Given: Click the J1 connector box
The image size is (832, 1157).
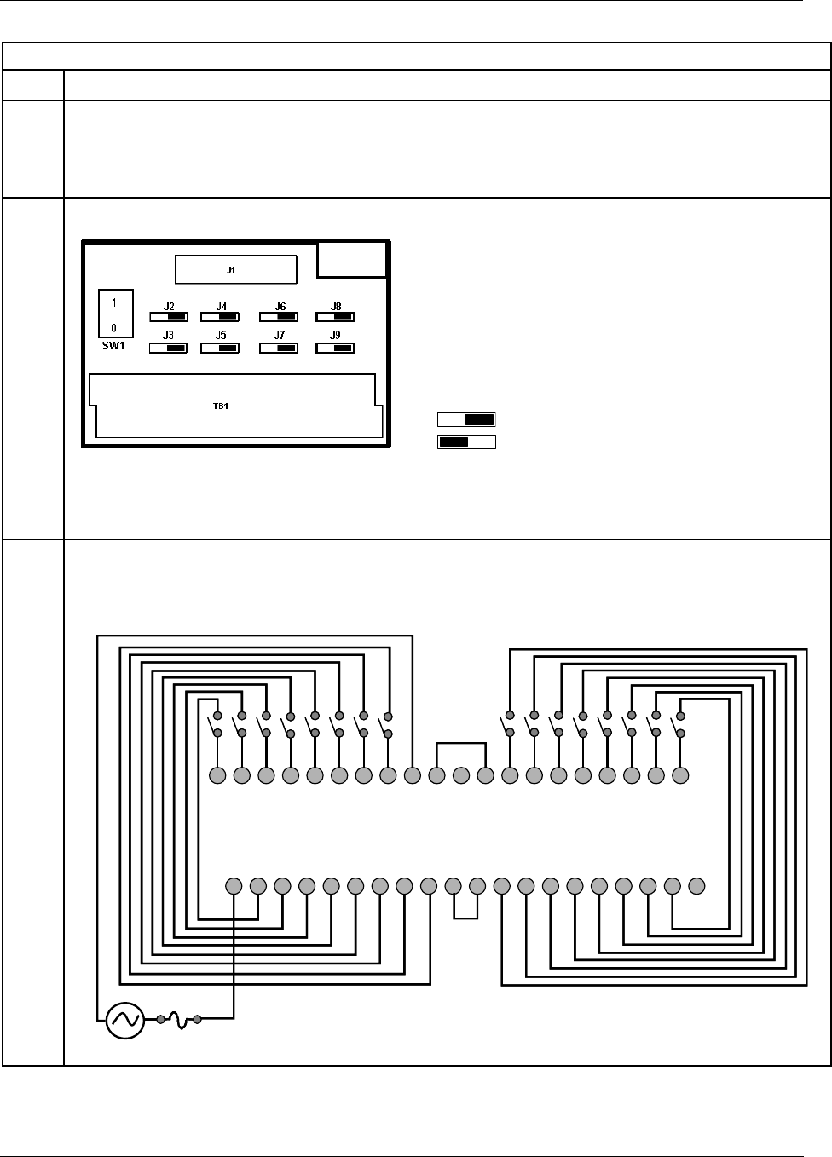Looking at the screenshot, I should (x=235, y=269).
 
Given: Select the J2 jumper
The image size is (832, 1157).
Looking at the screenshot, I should (x=168, y=317).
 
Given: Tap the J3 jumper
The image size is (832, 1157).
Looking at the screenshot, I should (x=168, y=348).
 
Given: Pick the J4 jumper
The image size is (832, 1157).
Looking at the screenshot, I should (x=219, y=317).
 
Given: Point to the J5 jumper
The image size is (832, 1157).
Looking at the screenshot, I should (x=219, y=348).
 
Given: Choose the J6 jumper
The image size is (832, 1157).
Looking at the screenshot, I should (x=279, y=317).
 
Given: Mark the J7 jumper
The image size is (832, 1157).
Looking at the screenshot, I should (x=279, y=348).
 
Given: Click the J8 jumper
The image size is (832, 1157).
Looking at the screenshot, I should (x=335, y=317).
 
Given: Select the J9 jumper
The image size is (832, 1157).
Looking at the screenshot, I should (x=335, y=348).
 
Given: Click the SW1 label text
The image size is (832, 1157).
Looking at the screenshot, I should (x=113, y=346).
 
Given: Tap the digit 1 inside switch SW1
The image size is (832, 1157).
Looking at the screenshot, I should (x=114, y=302).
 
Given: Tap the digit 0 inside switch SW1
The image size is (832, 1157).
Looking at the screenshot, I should (x=114, y=327).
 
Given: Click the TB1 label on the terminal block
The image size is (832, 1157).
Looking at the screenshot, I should (x=221, y=406).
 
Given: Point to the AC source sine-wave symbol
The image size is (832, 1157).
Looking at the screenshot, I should (x=125, y=1019).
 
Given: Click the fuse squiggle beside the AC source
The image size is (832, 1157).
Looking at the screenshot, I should (x=179, y=1019).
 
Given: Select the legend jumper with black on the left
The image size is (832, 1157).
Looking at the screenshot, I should (x=466, y=442).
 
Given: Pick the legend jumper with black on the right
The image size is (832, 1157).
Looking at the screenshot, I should (x=466, y=419).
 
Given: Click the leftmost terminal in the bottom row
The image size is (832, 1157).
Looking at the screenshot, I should (x=234, y=886).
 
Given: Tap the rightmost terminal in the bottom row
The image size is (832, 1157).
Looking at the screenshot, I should (x=696, y=886).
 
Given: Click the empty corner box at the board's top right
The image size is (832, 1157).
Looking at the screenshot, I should (x=352, y=259).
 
